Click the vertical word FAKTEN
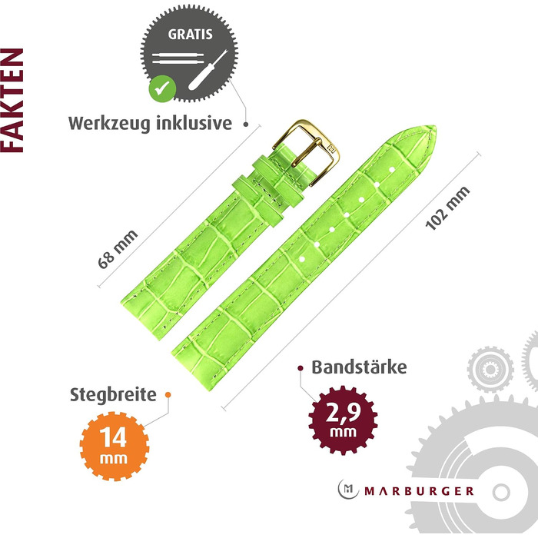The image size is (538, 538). click(x=12, y=100)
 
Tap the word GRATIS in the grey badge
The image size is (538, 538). click(x=190, y=35)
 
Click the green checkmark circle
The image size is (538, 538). click(x=162, y=88)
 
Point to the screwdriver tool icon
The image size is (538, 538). click(x=208, y=70)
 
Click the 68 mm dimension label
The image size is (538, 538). click(x=118, y=249)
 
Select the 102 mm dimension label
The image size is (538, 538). click(x=447, y=208)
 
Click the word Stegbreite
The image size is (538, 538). click(x=113, y=394)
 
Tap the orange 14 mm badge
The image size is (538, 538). click(x=115, y=446)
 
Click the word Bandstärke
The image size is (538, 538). click(x=359, y=367)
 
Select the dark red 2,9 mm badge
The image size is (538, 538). click(x=343, y=420)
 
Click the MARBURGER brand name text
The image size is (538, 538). click(x=419, y=491)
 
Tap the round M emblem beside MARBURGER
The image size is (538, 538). click(x=348, y=490)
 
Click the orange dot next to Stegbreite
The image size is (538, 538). click(x=168, y=394)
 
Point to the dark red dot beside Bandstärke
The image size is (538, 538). click(x=301, y=368)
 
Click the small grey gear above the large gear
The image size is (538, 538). click(x=490, y=369)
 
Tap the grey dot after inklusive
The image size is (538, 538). click(x=246, y=125)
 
